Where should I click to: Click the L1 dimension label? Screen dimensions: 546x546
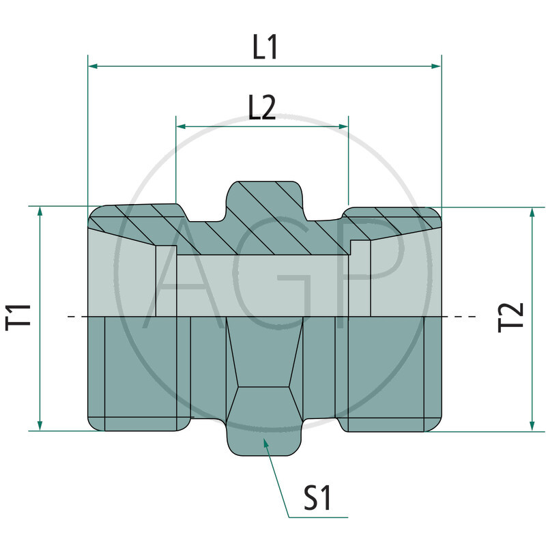[265, 48]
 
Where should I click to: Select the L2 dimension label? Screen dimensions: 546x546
[262, 108]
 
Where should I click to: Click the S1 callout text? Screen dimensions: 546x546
[317, 498]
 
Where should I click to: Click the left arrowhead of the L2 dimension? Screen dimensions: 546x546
[181, 126]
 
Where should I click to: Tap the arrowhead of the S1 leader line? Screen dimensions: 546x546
[266, 442]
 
